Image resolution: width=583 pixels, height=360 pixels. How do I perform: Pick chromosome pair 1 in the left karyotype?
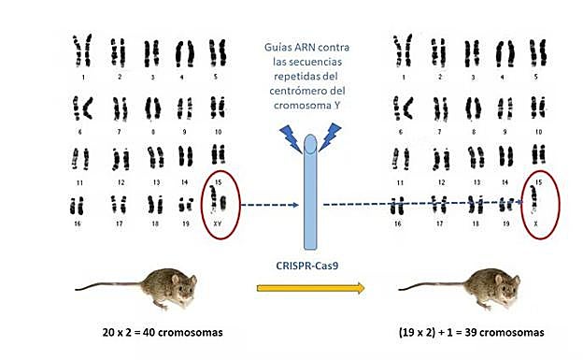85,48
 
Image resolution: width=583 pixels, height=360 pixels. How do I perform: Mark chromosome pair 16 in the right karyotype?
401,205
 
